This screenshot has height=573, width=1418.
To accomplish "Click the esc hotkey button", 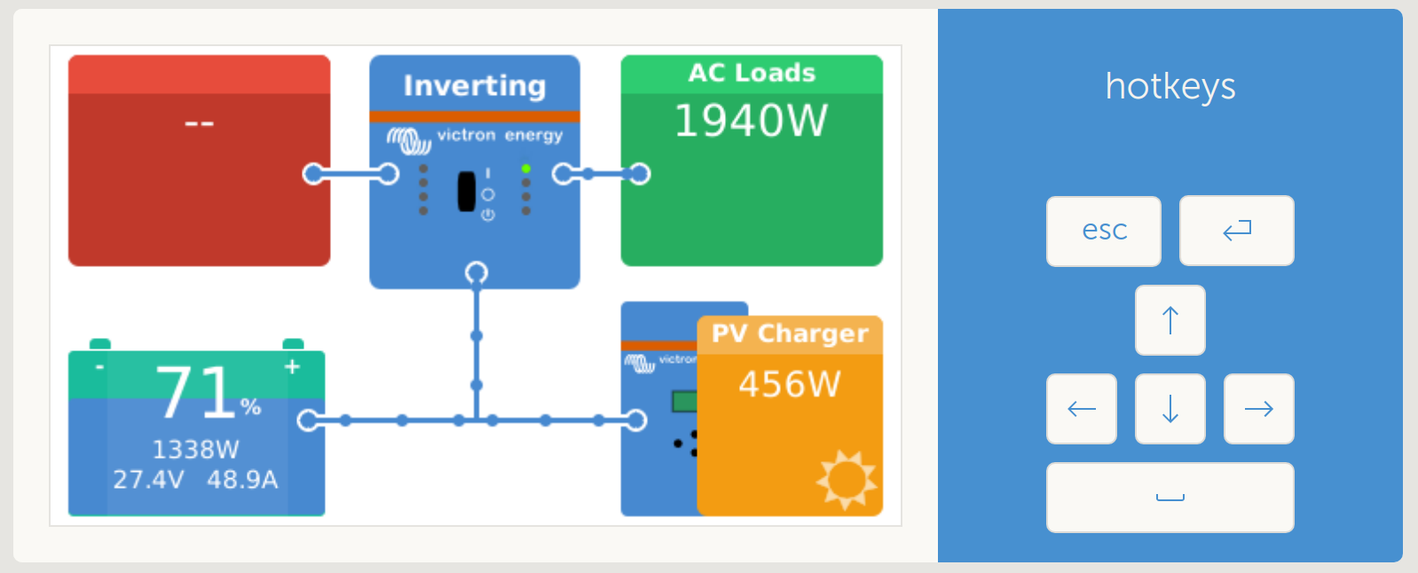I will tap(1103, 231).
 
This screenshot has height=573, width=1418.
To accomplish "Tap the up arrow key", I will tap(1170, 320).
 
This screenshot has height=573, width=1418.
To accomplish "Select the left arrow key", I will tap(1081, 409).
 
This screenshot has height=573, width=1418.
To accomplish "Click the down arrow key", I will tap(1170, 409).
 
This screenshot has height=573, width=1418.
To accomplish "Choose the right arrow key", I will tap(1258, 409).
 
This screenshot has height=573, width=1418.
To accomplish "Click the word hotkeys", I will tap(1170, 87).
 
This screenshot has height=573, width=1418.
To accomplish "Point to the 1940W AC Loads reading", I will tap(751, 121).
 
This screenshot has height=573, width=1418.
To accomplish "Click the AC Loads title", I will tap(752, 73).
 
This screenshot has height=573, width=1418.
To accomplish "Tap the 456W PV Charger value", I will tap(789, 384).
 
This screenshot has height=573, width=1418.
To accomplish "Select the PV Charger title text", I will tap(790, 334).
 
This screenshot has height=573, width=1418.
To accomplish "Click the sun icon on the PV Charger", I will tap(846, 479).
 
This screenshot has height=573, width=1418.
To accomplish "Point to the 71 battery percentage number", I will tap(194, 392).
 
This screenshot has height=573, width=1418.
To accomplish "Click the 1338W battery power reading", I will tap(195, 450).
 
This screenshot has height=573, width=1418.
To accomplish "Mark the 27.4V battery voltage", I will tap(148, 480).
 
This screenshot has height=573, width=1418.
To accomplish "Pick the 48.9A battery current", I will tap(242, 480).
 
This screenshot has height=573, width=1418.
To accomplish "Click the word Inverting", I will tap(475, 86).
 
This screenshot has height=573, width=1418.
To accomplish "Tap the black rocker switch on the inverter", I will tap(467, 192).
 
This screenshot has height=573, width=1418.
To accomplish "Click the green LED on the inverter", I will tap(526, 169).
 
